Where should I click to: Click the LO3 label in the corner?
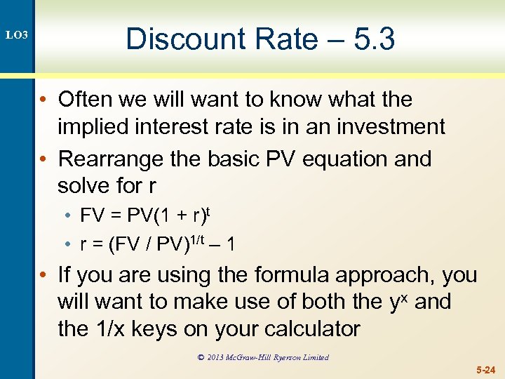(16, 34)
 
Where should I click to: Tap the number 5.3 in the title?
(374, 39)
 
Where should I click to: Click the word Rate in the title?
(274, 39)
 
